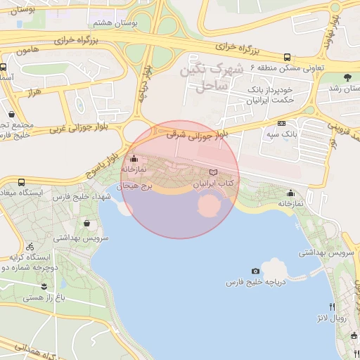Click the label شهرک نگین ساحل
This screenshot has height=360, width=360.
[210, 78]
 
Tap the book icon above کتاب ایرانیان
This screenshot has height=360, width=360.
[214, 172]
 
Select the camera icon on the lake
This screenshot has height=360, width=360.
[255, 271]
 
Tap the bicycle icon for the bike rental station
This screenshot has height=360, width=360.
[30, 247]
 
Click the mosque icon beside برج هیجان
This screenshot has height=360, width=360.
[134, 159]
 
